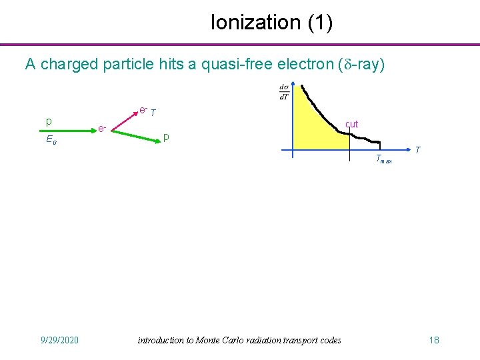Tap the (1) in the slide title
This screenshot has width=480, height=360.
(x=320, y=23)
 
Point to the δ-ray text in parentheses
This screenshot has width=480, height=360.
(x=357, y=65)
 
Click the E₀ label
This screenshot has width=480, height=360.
(x=51, y=140)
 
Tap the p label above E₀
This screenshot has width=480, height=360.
(x=49, y=121)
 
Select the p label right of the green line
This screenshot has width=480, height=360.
(x=167, y=137)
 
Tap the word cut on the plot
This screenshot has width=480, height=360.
(x=351, y=124)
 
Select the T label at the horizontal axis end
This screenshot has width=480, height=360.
(x=417, y=150)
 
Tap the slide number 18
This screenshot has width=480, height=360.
(x=434, y=341)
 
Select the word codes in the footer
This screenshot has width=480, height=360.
(x=328, y=341)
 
